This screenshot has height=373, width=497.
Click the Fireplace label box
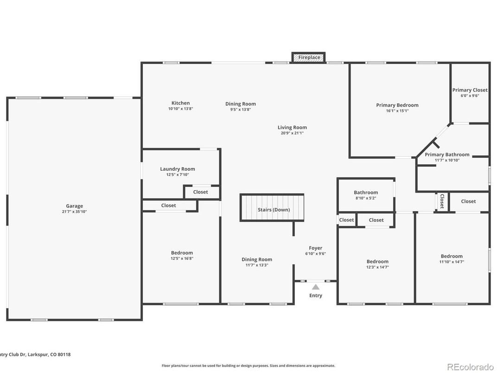coord(309,58)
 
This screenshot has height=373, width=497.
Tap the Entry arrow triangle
coord(316,287)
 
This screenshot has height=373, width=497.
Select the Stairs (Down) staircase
coord(272,207)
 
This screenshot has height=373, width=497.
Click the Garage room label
coord(74,206)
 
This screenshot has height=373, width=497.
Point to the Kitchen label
coord(180,103)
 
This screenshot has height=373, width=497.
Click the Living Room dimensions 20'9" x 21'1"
coord(292,133)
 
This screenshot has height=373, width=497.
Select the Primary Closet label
coord(470,90)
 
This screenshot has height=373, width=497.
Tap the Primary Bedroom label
coord(397,105)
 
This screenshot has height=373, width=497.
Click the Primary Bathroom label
coord(447,154)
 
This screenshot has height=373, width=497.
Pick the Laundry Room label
coord(178,169)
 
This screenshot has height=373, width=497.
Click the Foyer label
coord(316,248)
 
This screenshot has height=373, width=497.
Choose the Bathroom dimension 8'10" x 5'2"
coord(366,198)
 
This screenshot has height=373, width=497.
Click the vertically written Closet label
coord(442,201)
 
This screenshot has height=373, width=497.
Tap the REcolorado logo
coord(470,367)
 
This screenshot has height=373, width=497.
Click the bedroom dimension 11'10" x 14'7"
coord(452,262)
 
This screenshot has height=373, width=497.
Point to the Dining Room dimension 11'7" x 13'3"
coord(256,265)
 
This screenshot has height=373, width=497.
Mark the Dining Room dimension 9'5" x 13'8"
coord(241,109)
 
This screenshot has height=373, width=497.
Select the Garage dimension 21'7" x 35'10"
coord(74,212)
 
